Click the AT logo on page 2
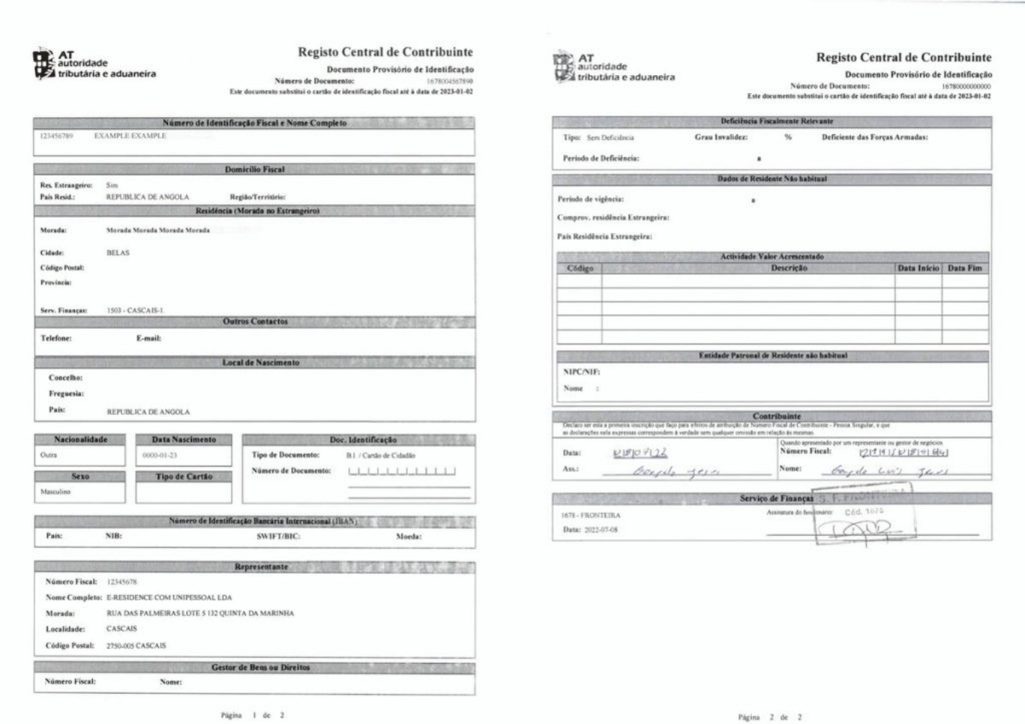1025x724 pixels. (564, 68)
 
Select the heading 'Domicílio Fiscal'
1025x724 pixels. (254, 170)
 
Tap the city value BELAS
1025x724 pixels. (118, 253)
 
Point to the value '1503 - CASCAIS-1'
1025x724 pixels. (134, 310)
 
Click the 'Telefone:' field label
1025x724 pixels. (56, 338)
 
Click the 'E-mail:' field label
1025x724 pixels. (149, 338)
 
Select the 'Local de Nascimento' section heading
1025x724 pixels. (260, 362)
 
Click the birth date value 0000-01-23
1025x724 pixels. (160, 455)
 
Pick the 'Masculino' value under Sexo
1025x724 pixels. (55, 492)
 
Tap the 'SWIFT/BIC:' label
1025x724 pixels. (278, 536)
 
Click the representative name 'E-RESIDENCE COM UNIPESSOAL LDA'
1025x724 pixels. (169, 598)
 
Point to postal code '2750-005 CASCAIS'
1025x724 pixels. (136, 646)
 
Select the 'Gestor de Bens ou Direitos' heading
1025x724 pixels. (260, 667)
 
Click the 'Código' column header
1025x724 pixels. (579, 269)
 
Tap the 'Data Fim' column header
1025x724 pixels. (964, 268)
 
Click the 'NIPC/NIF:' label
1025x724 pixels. (582, 371)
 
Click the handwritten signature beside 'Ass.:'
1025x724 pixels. (675, 472)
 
